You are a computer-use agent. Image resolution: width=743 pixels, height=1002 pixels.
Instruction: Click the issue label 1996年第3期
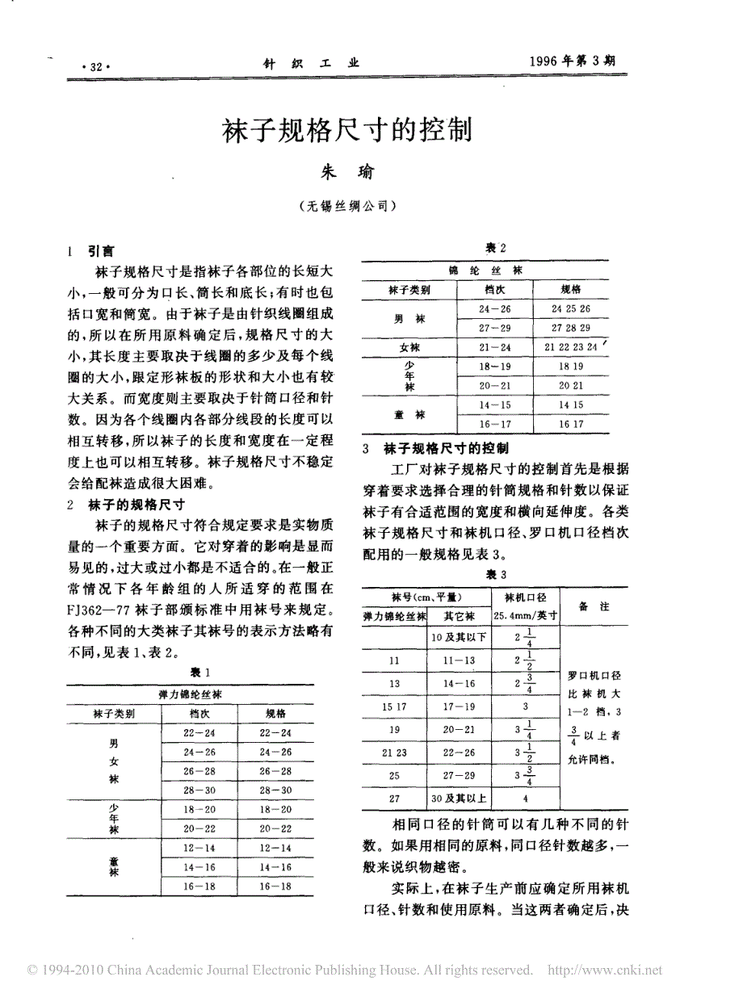(577, 61)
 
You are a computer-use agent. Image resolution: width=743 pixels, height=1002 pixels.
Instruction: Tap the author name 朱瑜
(348, 171)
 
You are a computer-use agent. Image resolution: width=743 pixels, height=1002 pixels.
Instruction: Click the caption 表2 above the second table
(495, 247)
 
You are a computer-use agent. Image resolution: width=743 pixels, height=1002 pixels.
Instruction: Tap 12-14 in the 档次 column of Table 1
(198, 848)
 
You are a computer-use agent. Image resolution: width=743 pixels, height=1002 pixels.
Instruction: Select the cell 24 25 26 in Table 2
(571, 308)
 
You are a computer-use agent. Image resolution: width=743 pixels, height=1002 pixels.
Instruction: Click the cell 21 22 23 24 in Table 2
(571, 347)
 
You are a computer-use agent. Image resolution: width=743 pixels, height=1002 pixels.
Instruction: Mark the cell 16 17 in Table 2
(571, 423)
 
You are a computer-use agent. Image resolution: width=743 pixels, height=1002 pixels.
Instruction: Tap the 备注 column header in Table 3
(594, 606)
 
